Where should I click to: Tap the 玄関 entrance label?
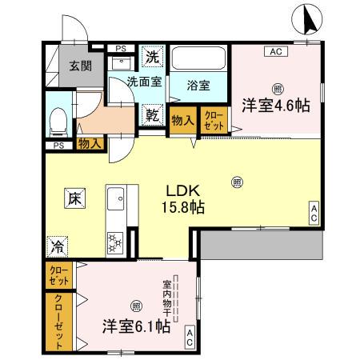click(79, 66)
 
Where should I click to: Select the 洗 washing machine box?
click(152, 57)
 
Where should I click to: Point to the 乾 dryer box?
click(152, 114)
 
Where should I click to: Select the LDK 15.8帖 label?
click(185, 199)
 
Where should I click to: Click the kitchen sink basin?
click(115, 197)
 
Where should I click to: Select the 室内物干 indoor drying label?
click(168, 296)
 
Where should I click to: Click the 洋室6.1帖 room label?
click(134, 326)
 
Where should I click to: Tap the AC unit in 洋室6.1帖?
click(189, 336)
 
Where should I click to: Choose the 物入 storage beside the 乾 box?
click(182, 119)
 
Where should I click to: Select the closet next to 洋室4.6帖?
click(214, 119)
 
